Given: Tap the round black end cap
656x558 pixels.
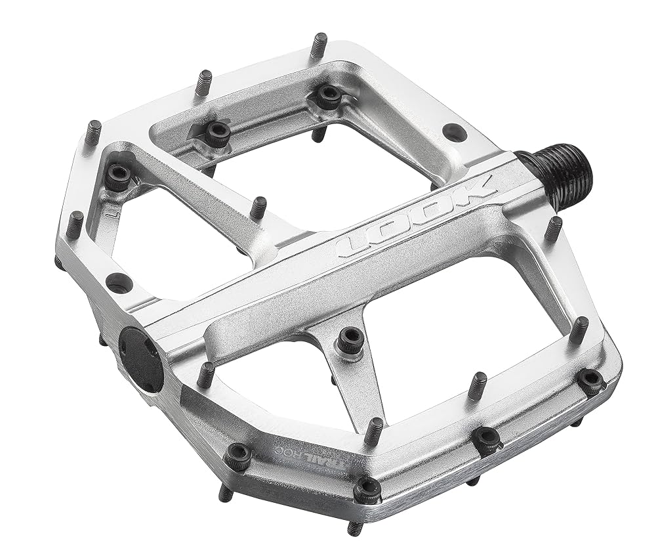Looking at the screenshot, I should (140, 359).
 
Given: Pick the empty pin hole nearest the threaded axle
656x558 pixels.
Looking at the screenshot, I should (454, 131).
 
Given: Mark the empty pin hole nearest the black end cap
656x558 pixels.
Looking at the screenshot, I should (119, 283).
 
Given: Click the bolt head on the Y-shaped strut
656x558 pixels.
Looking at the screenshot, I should (351, 339).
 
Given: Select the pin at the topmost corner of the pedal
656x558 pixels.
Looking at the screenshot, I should (319, 45).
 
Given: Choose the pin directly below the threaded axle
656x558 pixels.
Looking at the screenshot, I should (553, 228).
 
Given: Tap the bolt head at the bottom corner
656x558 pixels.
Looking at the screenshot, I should (367, 490).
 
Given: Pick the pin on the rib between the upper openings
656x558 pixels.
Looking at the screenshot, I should (258, 207).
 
